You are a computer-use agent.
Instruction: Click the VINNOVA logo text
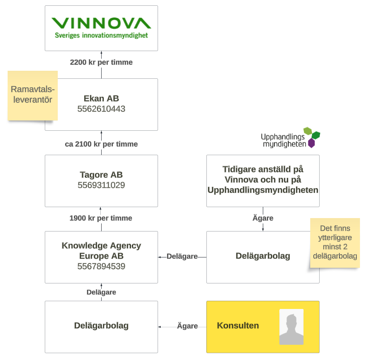pos(101,23)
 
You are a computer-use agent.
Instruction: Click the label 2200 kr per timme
pos(101,63)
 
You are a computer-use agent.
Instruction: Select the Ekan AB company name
pos(101,99)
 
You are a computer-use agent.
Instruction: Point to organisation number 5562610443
pos(101,109)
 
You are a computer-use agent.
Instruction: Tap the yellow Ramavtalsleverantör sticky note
pos(32,94)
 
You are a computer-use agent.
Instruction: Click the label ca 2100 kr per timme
pos(101,144)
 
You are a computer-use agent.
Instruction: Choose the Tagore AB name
pos(101,175)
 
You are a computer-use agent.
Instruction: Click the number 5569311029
pos(101,185)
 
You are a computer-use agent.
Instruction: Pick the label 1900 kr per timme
pos(101,218)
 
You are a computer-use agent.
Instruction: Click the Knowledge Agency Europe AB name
pos(101,251)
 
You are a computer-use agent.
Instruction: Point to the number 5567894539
pos(101,266)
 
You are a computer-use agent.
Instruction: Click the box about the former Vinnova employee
pos(263,180)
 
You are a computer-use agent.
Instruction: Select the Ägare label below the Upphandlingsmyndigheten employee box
pos(263,218)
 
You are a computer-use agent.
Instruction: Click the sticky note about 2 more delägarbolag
pos(335,242)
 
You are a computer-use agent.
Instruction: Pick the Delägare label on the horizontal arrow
pos(182,257)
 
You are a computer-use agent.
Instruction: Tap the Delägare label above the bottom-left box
pos(101,292)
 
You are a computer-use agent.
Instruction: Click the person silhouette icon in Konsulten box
pos(291,326)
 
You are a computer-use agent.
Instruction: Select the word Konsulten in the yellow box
pos(238,326)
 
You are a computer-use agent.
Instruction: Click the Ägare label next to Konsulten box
pos(187,326)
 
